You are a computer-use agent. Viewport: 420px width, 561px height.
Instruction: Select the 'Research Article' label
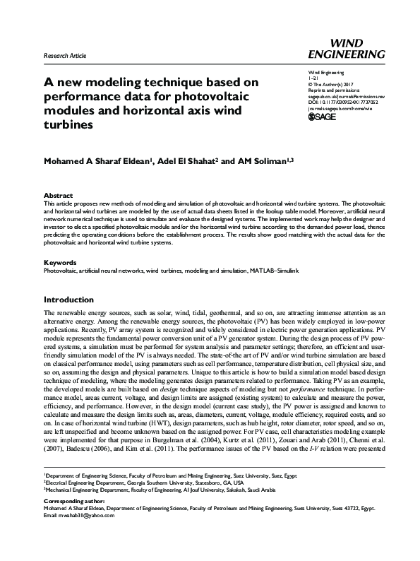point(66,55)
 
